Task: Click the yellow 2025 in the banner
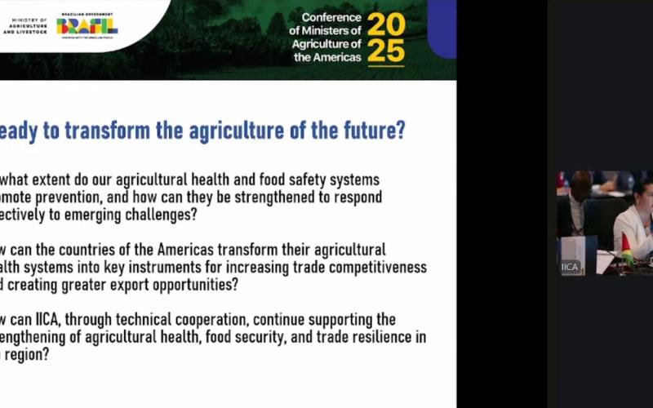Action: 386,38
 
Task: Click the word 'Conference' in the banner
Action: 331,17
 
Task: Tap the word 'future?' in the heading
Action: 375,131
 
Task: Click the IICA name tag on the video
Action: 570,267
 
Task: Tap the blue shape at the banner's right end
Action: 442,29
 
